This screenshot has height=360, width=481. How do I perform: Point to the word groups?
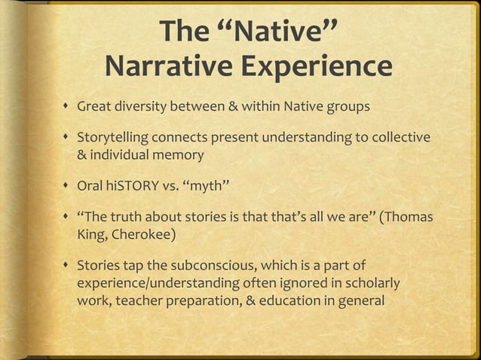tap(348, 105)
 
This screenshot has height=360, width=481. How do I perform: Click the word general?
tap(360, 301)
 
